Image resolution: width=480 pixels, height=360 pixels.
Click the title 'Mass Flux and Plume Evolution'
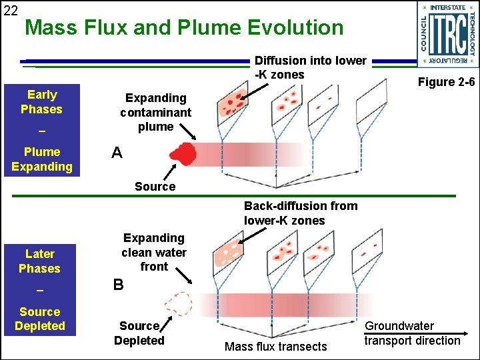point(184,28)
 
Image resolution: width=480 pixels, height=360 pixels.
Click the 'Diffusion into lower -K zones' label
point(311,67)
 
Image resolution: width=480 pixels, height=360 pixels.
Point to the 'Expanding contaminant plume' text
point(155,112)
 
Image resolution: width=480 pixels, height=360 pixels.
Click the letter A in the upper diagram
point(117,153)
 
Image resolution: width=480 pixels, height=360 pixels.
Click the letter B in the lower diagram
point(118,285)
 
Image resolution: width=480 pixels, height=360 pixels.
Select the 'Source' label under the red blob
point(155,187)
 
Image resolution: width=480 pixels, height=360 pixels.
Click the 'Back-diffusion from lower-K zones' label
point(301,213)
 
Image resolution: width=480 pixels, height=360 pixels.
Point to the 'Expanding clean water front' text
point(154,252)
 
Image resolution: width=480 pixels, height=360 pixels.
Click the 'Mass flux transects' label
point(276,346)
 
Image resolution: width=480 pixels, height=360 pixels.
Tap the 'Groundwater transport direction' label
point(412,333)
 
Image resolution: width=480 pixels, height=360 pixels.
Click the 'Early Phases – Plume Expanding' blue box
point(41,131)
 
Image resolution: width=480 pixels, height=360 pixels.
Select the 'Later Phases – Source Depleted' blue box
point(40,289)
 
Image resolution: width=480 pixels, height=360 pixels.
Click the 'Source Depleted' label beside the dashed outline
point(139,333)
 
